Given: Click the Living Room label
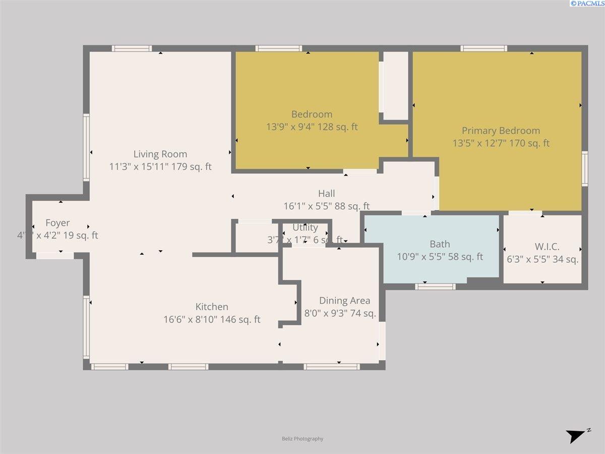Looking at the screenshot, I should tap(160, 154).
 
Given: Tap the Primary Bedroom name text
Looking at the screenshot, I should tap(501, 131).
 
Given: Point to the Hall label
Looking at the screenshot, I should tap(326, 193).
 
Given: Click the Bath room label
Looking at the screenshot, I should tap(440, 245).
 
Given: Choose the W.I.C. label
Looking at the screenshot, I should tap(547, 247).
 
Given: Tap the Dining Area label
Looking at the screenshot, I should tap(344, 301).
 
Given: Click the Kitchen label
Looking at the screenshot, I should tap(212, 307).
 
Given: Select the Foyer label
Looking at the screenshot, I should tap(57, 223).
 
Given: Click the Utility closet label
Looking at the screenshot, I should tap(305, 228).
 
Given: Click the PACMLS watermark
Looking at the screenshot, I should tap(587, 4).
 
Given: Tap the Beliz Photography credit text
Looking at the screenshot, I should tap(302, 439).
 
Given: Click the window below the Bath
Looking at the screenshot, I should tap(435, 287).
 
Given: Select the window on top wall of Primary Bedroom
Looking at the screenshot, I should tap(483, 48).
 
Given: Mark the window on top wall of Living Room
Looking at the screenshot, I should tap(132, 48).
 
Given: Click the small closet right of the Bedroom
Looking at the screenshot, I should tap(395, 85).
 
